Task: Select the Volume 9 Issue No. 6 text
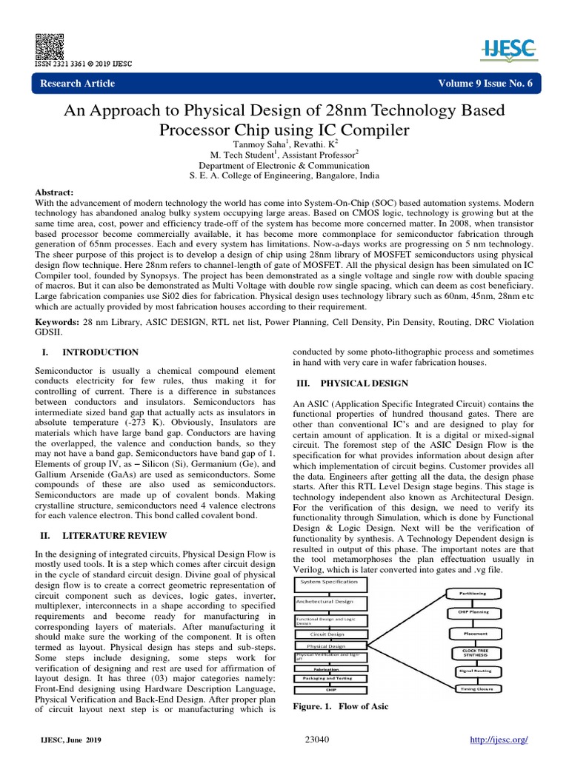tap(486, 83)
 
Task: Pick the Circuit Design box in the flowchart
tap(330, 634)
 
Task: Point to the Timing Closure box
tap(475, 689)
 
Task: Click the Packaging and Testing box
tap(330, 677)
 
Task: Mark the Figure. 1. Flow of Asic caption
tap(341, 706)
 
